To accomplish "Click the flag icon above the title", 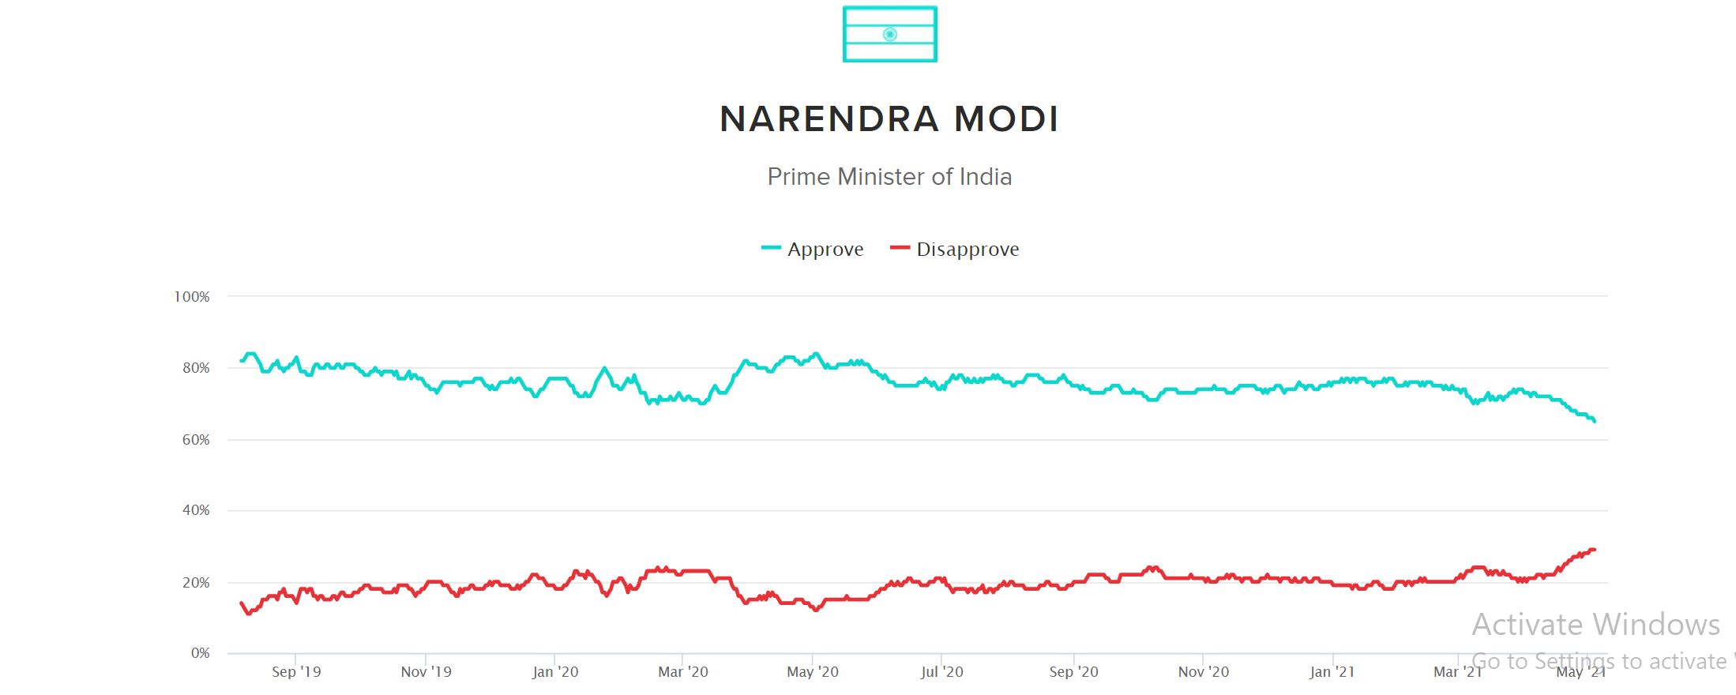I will pyautogui.click(x=889, y=34).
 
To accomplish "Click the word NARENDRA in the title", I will pyautogui.click(x=829, y=119).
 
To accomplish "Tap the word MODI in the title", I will pyautogui.click(x=1006, y=119).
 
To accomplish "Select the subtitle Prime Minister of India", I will pyautogui.click(x=889, y=176).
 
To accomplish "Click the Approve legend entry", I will pyautogui.click(x=814, y=250).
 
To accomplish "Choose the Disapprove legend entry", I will pyautogui.click(x=956, y=250).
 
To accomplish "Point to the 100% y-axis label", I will pyautogui.click(x=192, y=297).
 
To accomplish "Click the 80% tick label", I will pyautogui.click(x=196, y=368).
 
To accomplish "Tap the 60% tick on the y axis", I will pyautogui.click(x=196, y=440).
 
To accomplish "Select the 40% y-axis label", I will pyautogui.click(x=196, y=510).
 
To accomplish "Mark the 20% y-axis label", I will pyautogui.click(x=196, y=583).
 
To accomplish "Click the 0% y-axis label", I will pyautogui.click(x=200, y=653).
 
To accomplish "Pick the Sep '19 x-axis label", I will pyautogui.click(x=296, y=672).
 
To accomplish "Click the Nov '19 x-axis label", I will pyautogui.click(x=426, y=672).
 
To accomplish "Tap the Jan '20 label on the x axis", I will pyautogui.click(x=555, y=672).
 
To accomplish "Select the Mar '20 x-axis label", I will pyautogui.click(x=683, y=672).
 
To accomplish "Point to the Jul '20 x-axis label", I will pyautogui.click(x=942, y=672).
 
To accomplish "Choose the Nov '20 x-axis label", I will pyautogui.click(x=1203, y=672).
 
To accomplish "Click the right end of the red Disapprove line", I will pyautogui.click(x=1595, y=550).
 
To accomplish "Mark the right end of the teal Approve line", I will pyautogui.click(x=1595, y=421).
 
